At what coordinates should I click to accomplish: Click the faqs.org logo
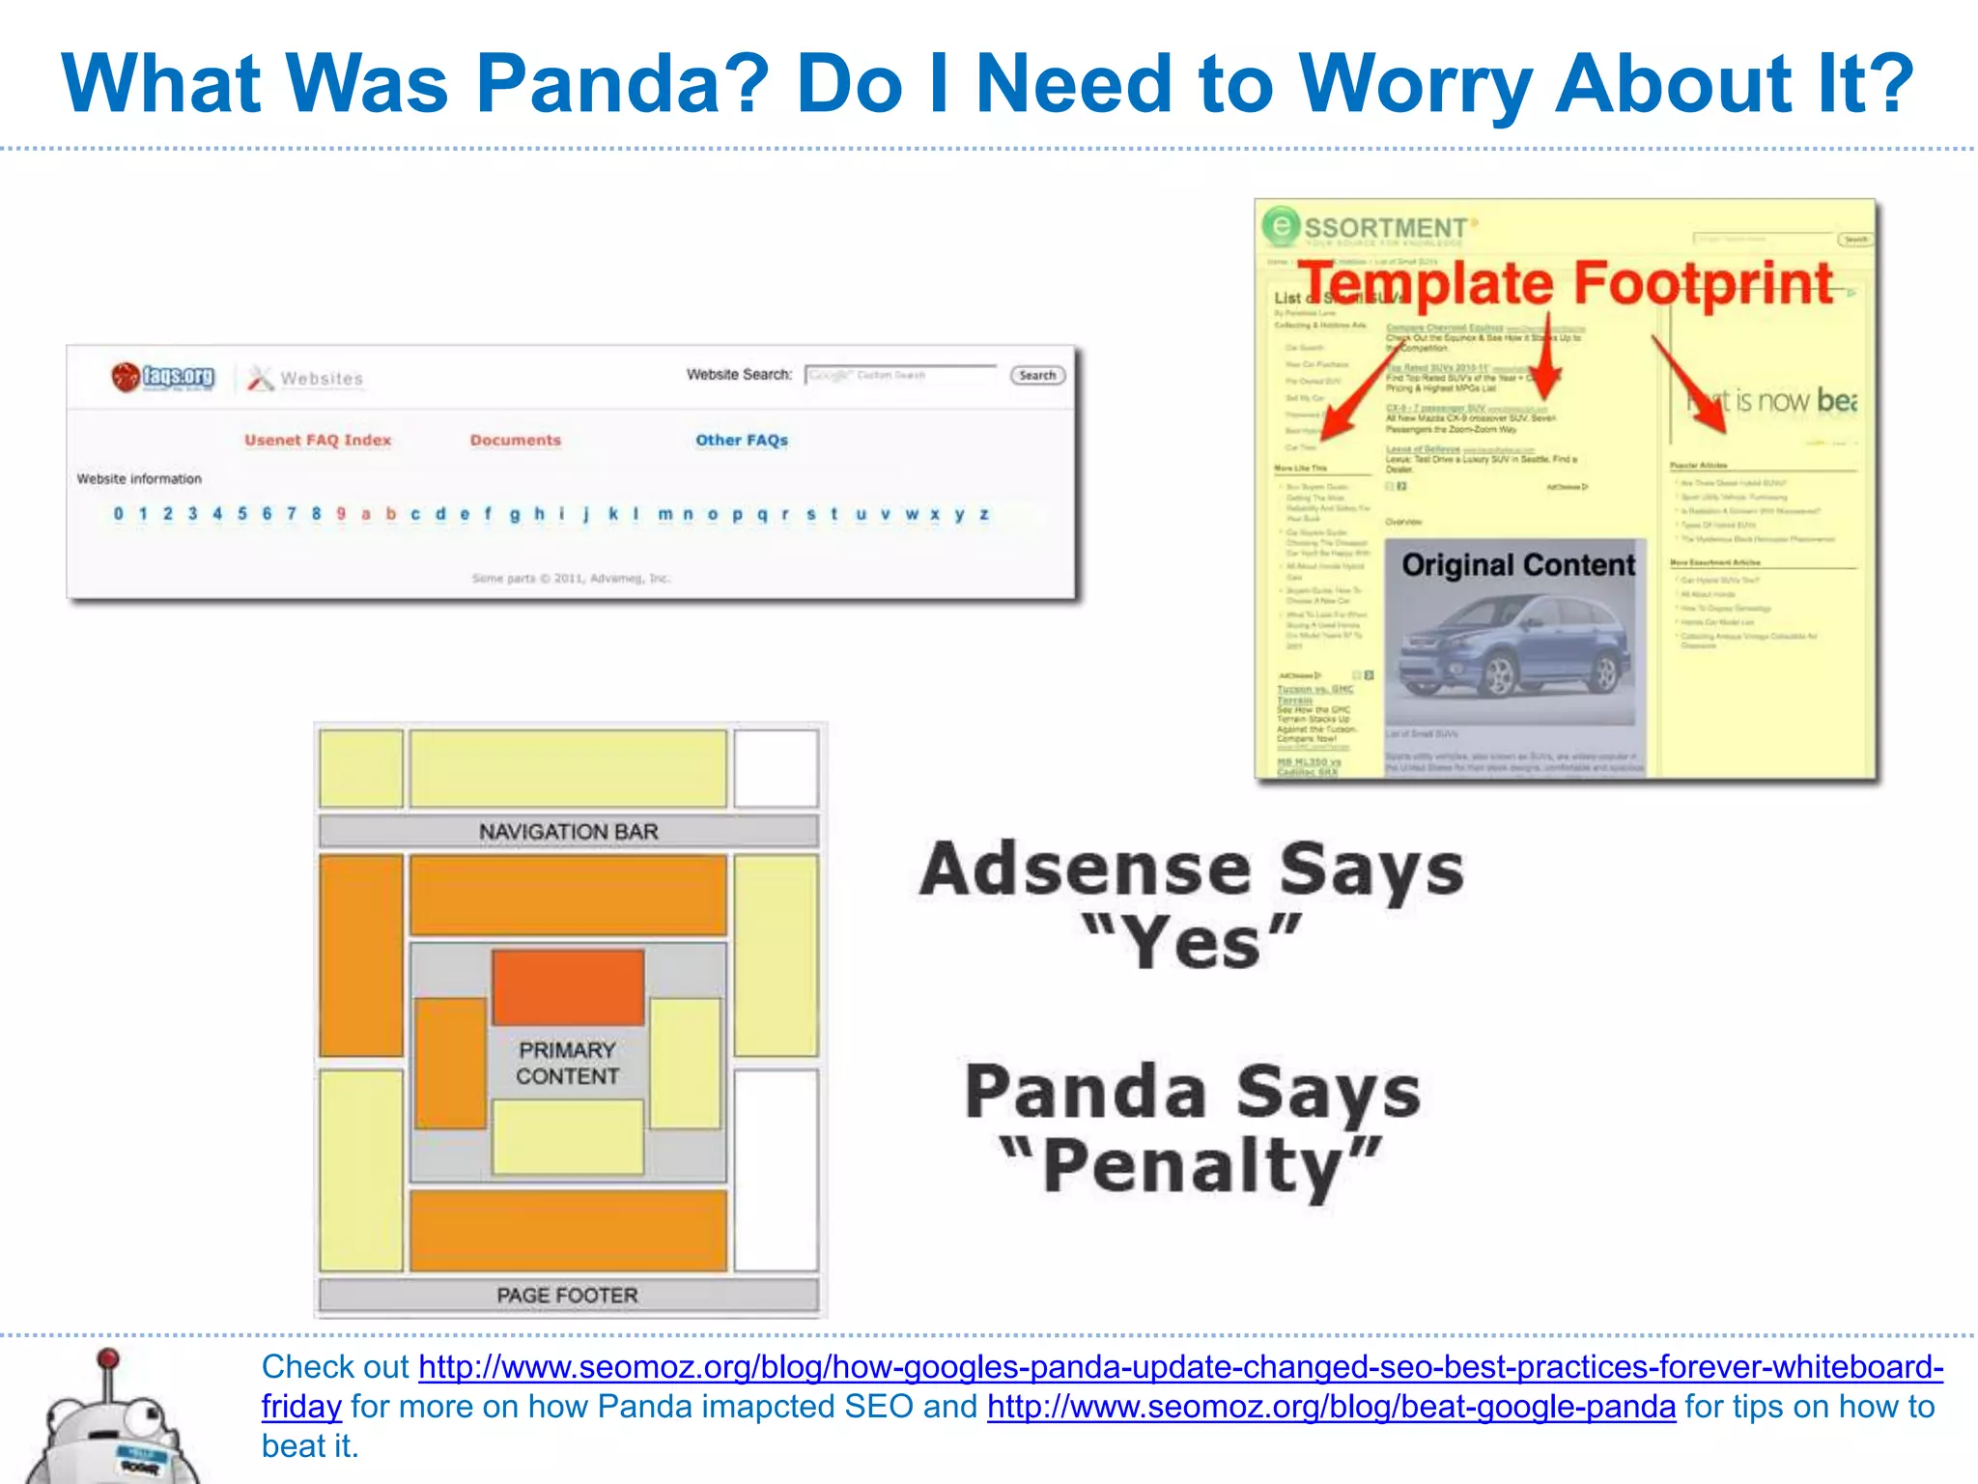point(163,377)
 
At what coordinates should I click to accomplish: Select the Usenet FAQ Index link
point(318,441)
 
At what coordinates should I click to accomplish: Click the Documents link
point(515,441)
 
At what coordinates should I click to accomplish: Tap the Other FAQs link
point(742,441)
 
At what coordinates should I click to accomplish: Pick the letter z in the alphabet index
point(983,514)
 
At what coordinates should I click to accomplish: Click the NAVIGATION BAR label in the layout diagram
point(568,832)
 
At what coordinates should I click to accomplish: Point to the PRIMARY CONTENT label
point(567,1063)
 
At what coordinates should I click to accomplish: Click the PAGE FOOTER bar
point(568,1296)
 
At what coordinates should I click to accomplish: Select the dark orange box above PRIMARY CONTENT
point(568,987)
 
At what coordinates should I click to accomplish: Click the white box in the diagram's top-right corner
point(776,768)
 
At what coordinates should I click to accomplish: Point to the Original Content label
point(1518,565)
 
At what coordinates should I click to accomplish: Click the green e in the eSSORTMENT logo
point(1280,226)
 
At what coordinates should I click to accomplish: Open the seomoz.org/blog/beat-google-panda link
point(1331,1407)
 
